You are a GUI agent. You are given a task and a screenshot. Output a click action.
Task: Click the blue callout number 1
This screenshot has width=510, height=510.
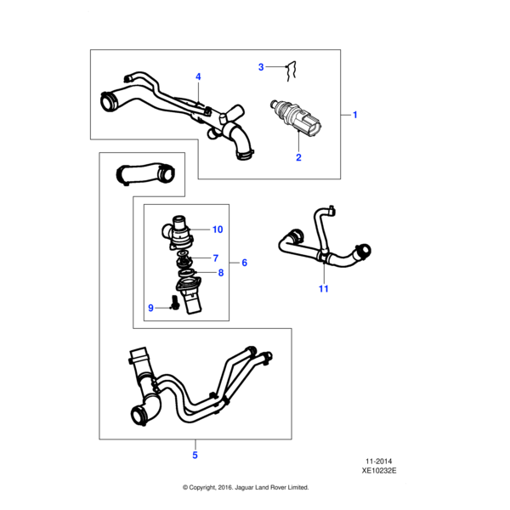(355, 115)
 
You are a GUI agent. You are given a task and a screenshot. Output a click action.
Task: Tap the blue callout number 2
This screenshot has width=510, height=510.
(298, 157)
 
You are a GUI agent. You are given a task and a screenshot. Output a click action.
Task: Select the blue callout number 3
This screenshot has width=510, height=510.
(261, 67)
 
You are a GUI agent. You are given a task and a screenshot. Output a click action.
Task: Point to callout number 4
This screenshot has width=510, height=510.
(198, 76)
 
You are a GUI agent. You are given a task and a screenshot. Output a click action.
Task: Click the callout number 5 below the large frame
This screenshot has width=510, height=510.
(195, 455)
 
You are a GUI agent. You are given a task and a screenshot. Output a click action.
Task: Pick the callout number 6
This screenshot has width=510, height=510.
(245, 263)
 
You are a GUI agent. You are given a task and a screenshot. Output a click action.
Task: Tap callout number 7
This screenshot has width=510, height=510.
(216, 258)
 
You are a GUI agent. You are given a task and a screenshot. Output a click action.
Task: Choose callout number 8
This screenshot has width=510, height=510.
(221, 273)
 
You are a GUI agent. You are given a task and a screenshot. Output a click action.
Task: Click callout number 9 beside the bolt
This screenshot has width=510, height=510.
(150, 308)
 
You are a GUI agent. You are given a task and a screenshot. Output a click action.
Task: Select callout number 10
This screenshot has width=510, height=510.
(218, 229)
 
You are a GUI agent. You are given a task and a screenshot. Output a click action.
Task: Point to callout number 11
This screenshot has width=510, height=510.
(323, 288)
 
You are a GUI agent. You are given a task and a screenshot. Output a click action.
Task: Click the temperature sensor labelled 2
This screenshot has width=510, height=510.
(296, 118)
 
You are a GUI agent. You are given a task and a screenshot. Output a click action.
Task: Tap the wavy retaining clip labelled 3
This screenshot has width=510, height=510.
(291, 71)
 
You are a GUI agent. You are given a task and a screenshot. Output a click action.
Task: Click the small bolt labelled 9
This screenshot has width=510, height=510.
(174, 302)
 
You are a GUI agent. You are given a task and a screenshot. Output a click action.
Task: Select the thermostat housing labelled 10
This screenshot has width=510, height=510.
(178, 232)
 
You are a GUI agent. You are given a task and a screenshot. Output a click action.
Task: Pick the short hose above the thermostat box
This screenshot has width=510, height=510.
(145, 173)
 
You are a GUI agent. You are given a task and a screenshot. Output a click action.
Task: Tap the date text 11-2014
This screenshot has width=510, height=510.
(378, 462)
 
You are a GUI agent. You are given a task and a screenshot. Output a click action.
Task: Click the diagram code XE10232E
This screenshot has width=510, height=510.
(379, 471)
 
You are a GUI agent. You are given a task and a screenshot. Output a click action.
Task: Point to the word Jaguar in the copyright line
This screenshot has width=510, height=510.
(244, 487)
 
